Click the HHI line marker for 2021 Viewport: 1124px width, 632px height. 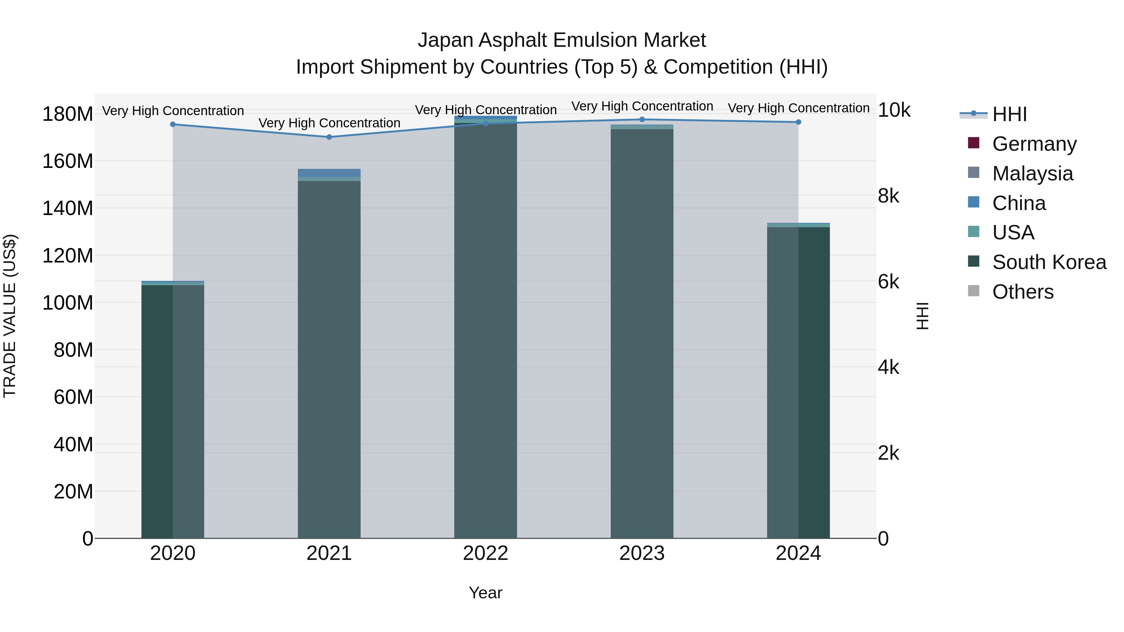pos(329,137)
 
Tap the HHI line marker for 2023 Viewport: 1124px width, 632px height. pos(642,120)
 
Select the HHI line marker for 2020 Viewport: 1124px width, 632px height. pos(173,124)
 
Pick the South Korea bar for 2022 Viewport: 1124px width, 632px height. pos(485,331)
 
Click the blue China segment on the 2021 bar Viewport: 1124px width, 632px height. pos(329,173)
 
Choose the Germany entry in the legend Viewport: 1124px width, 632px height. pos(1034,144)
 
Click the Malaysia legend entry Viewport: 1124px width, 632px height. pos(1033,174)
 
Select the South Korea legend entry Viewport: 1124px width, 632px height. pos(1049,262)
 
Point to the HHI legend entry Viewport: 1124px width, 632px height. pos(1009,114)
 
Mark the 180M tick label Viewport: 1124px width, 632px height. pos(68,114)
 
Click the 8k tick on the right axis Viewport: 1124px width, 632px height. pos(888,196)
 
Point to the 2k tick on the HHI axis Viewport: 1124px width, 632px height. pos(888,453)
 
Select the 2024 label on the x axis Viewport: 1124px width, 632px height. pos(798,553)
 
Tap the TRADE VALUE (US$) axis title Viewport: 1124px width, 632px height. pos(10,316)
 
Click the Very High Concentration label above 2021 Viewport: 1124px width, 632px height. pos(329,123)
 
